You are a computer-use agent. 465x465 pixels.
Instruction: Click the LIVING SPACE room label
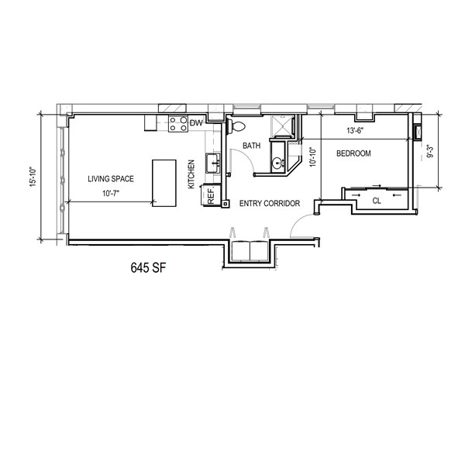(x=111, y=179)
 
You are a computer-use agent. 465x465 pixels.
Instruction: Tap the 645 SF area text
(x=148, y=268)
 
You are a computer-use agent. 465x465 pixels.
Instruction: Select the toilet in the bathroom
(x=236, y=126)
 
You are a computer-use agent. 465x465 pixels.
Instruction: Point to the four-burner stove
(x=178, y=124)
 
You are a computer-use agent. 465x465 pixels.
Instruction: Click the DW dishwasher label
(x=196, y=122)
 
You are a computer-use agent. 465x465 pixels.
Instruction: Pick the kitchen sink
(x=213, y=163)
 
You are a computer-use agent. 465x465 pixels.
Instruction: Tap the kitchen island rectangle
(x=164, y=183)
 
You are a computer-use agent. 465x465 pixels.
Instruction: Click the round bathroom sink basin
(x=278, y=163)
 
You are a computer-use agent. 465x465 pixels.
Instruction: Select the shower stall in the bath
(x=282, y=127)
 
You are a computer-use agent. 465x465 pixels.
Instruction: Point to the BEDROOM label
(x=353, y=153)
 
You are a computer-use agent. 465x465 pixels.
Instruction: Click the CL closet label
(x=377, y=201)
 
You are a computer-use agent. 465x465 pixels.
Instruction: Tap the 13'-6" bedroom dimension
(x=355, y=130)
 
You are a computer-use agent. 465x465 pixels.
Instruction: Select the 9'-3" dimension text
(x=429, y=151)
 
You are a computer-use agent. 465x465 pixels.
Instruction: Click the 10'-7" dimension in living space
(x=111, y=194)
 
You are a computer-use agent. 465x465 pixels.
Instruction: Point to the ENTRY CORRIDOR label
(x=270, y=203)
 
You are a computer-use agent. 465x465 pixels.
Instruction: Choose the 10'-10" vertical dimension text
(x=313, y=157)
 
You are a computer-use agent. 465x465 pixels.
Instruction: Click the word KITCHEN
(x=191, y=174)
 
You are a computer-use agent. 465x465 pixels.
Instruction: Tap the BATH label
(x=251, y=146)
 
